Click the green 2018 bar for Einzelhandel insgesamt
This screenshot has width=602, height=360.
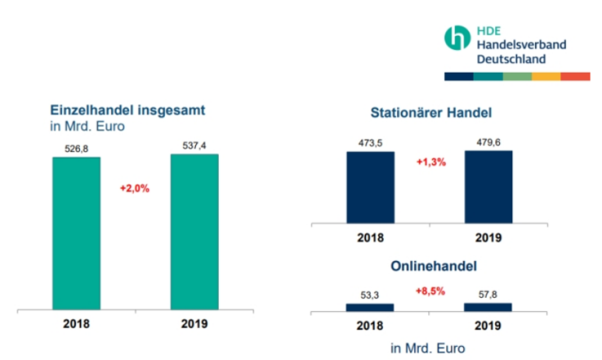[x=76, y=233]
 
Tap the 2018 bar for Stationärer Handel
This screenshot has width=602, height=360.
[x=370, y=187]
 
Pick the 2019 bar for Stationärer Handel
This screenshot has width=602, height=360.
[x=488, y=186]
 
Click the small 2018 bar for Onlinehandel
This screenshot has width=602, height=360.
[x=370, y=307]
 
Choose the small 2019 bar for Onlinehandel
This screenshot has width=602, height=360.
[x=488, y=306]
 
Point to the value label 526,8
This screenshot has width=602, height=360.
[x=76, y=148]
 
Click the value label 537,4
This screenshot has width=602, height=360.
[x=194, y=145]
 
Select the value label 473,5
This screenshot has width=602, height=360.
[x=370, y=142]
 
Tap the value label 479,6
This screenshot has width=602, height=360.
[x=488, y=141]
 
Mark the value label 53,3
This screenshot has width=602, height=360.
[x=370, y=296]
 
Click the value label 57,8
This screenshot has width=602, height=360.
[x=488, y=295]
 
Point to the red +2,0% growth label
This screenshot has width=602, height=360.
[x=135, y=189]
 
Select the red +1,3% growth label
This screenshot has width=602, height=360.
[x=430, y=162]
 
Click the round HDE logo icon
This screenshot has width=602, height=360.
[x=456, y=38]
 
